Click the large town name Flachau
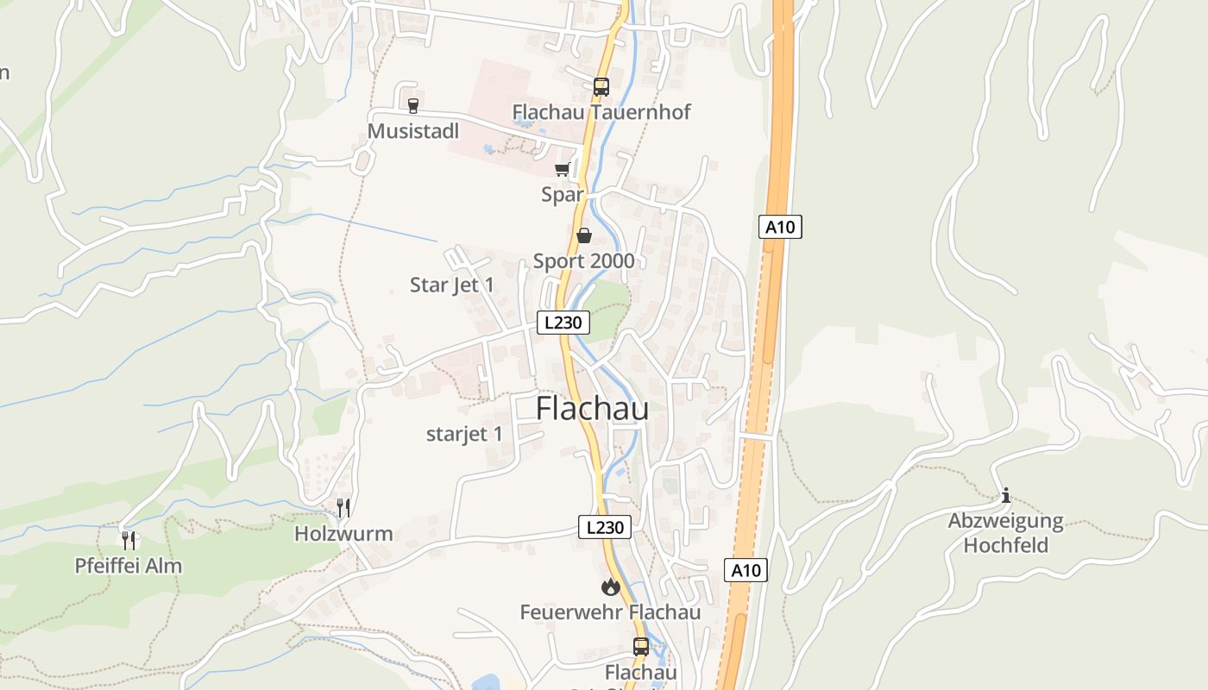point(592,409)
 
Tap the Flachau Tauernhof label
point(601,112)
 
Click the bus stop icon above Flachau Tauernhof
point(601,86)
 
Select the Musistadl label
point(412,131)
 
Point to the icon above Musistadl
point(412,106)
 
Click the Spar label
point(563,195)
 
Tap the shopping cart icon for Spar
point(563,169)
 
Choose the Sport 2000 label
point(583,260)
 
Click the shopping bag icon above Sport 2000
point(584,235)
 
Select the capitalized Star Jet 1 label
point(452,285)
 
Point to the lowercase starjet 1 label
point(464,434)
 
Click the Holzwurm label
point(343,534)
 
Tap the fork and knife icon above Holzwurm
point(343,507)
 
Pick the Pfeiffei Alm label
point(129,567)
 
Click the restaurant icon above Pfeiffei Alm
point(129,541)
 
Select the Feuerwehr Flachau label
point(610,612)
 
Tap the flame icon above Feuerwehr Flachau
point(611,587)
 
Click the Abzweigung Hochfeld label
point(1005,533)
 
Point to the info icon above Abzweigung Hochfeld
point(1005,496)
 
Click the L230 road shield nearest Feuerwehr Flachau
point(604,527)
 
